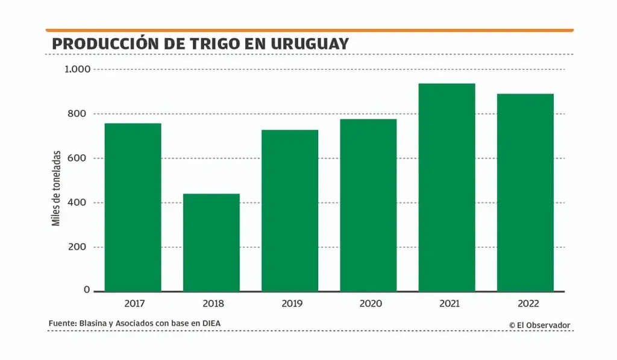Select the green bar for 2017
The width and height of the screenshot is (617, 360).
pyautogui.click(x=133, y=207)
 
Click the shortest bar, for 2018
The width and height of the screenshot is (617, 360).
pyautogui.click(x=211, y=242)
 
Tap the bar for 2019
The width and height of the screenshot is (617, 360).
pyautogui.click(x=290, y=210)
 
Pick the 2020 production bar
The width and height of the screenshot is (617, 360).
pyautogui.click(x=368, y=205)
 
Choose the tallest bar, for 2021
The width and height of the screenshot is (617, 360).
pyautogui.click(x=446, y=188)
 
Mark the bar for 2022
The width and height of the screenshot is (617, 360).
pyautogui.click(x=525, y=192)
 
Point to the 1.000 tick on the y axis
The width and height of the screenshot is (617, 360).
pyautogui.click(x=77, y=69)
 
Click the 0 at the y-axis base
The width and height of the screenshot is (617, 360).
pyautogui.click(x=87, y=290)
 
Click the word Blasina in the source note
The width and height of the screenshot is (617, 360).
pyautogui.click(x=95, y=323)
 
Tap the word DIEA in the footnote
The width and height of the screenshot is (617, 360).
pyautogui.click(x=210, y=323)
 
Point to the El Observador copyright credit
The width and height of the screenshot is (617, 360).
pyautogui.click(x=539, y=325)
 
